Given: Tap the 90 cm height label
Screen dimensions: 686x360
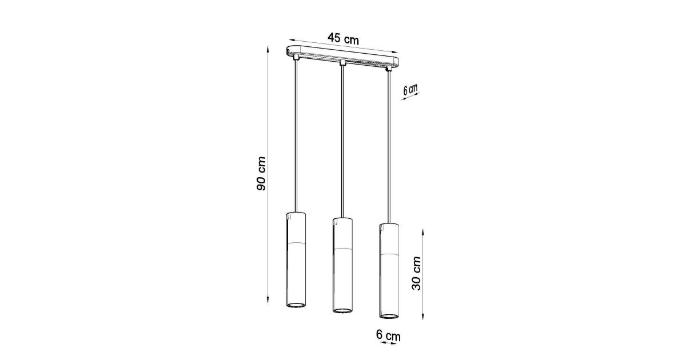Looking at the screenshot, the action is coord(261,174).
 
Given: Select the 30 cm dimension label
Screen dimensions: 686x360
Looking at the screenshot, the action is coord(417,273).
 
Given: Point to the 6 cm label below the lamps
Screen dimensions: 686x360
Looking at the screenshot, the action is coord(388,335).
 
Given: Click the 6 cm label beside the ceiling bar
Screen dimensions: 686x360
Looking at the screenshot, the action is coord(410,89).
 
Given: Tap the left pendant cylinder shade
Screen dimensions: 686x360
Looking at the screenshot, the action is coord(297,259).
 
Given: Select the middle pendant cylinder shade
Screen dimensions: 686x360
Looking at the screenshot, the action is coord(342,265).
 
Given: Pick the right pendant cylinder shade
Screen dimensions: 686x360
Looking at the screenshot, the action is coord(389,271).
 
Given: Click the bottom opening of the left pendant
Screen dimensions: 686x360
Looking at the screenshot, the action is coord(297,305).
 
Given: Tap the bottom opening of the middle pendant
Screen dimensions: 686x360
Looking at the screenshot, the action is coord(342,311).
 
